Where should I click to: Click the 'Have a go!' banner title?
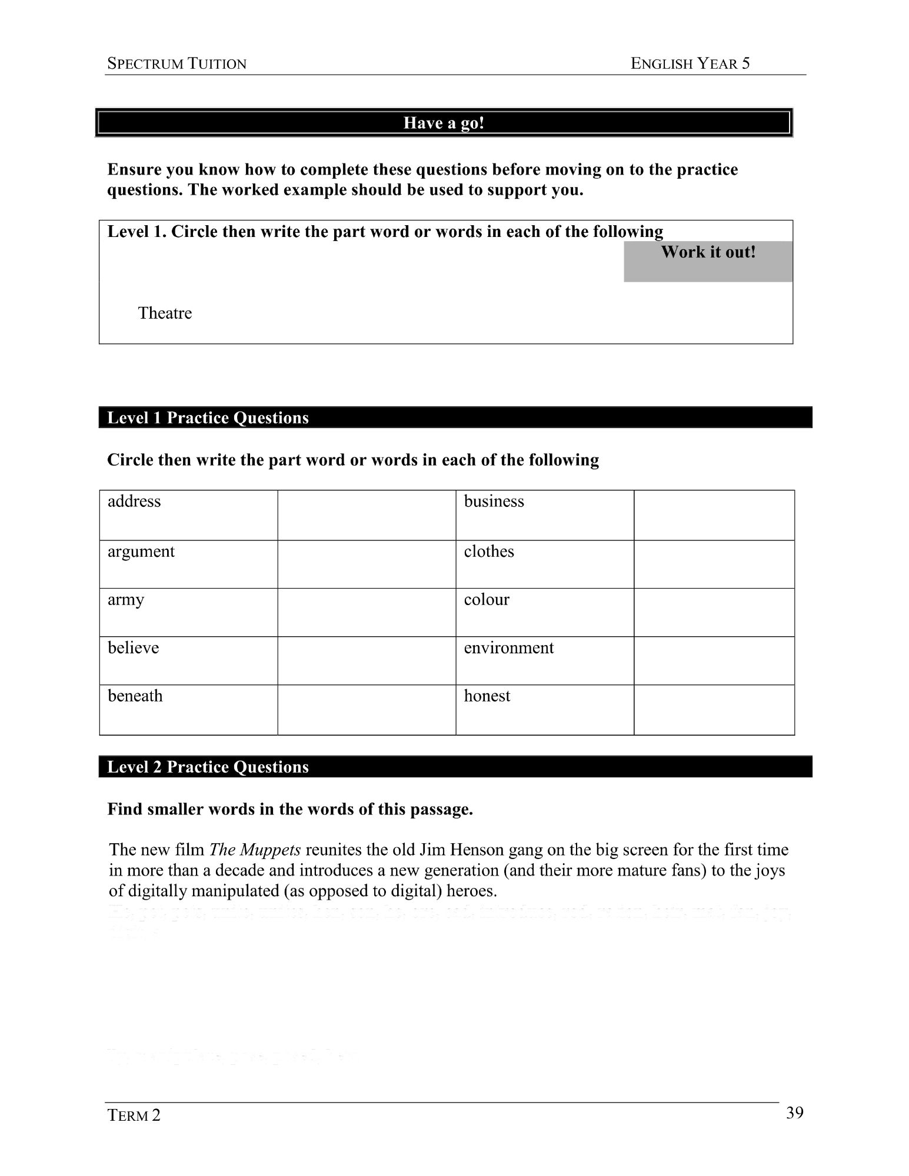point(444,123)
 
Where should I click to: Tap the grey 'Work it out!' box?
point(708,261)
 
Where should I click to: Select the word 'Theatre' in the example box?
point(165,313)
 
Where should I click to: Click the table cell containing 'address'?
point(188,514)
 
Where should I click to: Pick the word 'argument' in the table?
point(141,552)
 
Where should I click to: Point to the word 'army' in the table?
point(126,600)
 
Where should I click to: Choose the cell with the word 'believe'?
point(188,660)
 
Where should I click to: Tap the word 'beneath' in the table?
point(135,696)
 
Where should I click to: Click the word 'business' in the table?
point(494,502)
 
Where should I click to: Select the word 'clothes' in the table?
point(489,552)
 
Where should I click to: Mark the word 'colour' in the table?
point(487,600)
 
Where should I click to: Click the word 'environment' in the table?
point(509,648)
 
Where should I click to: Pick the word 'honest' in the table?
point(487,696)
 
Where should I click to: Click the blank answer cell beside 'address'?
point(367,514)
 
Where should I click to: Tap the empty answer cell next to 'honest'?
point(714,710)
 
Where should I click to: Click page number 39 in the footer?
point(794,1113)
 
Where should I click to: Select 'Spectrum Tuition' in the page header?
point(177,64)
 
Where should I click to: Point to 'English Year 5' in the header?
point(690,64)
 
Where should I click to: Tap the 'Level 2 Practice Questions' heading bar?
point(455,767)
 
